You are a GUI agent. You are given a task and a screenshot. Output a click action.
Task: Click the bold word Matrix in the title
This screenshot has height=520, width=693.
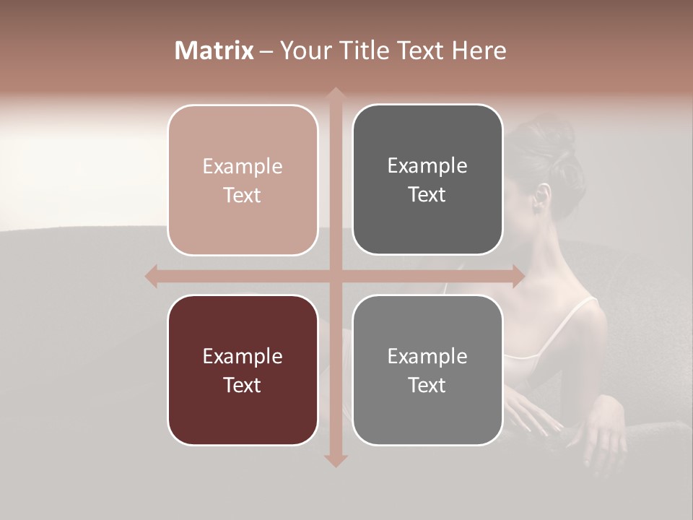click(x=214, y=51)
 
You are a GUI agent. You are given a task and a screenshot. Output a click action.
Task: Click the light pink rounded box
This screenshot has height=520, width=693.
click(x=243, y=180)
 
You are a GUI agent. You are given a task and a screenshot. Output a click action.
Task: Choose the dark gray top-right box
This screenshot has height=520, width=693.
click(x=427, y=180)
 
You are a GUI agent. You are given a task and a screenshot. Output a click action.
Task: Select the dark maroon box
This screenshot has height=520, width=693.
click(x=243, y=370)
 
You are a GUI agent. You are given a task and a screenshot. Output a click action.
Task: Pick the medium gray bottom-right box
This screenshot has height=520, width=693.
click(x=427, y=370)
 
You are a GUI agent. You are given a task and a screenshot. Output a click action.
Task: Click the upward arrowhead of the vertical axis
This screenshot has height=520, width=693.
click(x=335, y=95)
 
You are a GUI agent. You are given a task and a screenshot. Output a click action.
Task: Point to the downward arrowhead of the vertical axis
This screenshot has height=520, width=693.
click(x=335, y=460)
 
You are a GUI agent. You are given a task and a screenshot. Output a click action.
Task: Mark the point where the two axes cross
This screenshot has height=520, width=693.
click(x=335, y=276)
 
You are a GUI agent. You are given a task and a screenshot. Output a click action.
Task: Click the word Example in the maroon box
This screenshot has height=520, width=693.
click(x=243, y=356)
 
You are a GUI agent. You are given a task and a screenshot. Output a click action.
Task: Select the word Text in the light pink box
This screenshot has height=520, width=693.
click(x=243, y=195)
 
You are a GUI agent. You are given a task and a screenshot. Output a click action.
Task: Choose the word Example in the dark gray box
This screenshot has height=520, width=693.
click(x=427, y=165)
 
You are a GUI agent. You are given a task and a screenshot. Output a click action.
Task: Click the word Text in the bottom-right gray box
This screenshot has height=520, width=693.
click(x=427, y=385)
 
